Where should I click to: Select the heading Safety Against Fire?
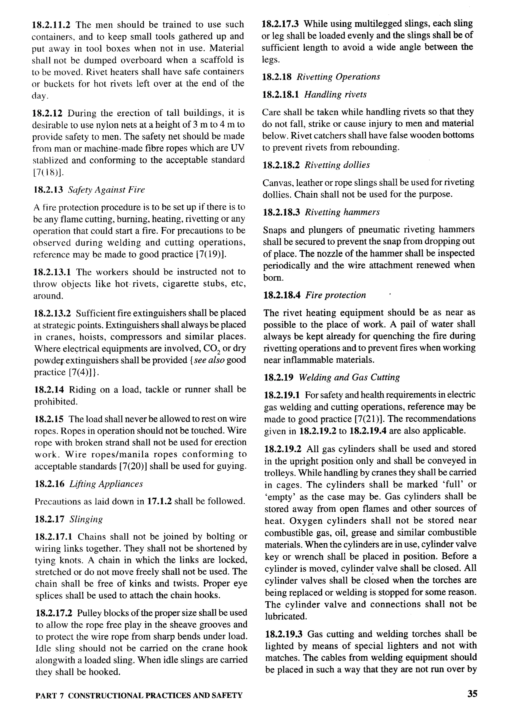(106, 190)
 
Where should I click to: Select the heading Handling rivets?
(335, 95)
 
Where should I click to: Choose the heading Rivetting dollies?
(337, 165)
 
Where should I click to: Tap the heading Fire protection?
(335, 295)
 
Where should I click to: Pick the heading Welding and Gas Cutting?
(349, 377)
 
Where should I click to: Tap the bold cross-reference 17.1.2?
(159, 501)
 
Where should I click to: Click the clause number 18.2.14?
(49, 390)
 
